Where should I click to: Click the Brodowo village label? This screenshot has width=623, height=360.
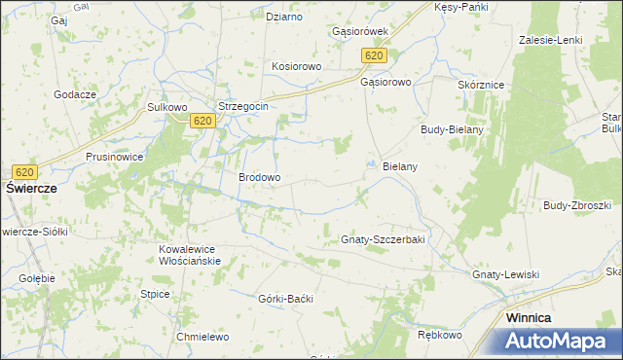pyautogui.click(x=260, y=178)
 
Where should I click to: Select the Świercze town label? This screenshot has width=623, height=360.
pyautogui.click(x=34, y=189)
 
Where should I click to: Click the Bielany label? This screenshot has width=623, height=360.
pyautogui.click(x=400, y=166)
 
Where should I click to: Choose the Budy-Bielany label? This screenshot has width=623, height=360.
pyautogui.click(x=452, y=129)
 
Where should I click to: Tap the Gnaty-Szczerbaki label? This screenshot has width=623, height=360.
pyautogui.click(x=384, y=239)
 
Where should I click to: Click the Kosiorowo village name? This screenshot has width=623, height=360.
pyautogui.click(x=296, y=66)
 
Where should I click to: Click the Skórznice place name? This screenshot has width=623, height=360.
pyautogui.click(x=480, y=85)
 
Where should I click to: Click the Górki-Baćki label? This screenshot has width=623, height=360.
pyautogui.click(x=286, y=298)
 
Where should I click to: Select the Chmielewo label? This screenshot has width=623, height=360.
pyautogui.click(x=202, y=337)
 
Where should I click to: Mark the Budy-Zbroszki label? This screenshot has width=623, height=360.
pyautogui.click(x=577, y=205)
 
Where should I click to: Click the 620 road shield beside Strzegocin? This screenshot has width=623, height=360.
pyautogui.click(x=202, y=120)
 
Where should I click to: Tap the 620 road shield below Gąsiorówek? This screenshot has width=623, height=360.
pyautogui.click(x=375, y=55)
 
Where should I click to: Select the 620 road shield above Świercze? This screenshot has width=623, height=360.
pyautogui.click(x=25, y=171)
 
